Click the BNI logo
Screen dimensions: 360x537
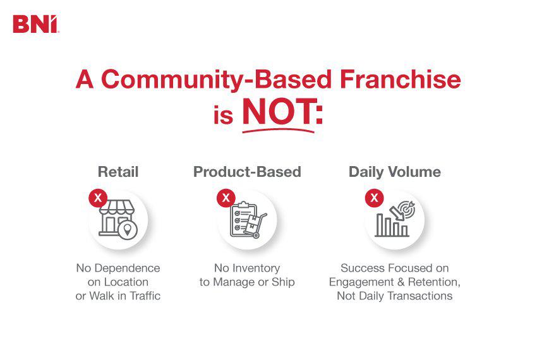click(35, 24)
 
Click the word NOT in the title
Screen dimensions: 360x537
click(279, 113)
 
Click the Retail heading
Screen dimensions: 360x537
click(118, 172)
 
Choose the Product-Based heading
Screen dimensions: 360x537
click(247, 172)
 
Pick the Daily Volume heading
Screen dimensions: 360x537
click(395, 172)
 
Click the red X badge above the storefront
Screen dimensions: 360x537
click(97, 198)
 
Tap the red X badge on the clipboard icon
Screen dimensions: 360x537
click(226, 198)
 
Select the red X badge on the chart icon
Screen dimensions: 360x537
click(375, 198)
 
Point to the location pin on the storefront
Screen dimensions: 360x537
click(129, 230)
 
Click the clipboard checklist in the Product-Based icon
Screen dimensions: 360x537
click(240, 219)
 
